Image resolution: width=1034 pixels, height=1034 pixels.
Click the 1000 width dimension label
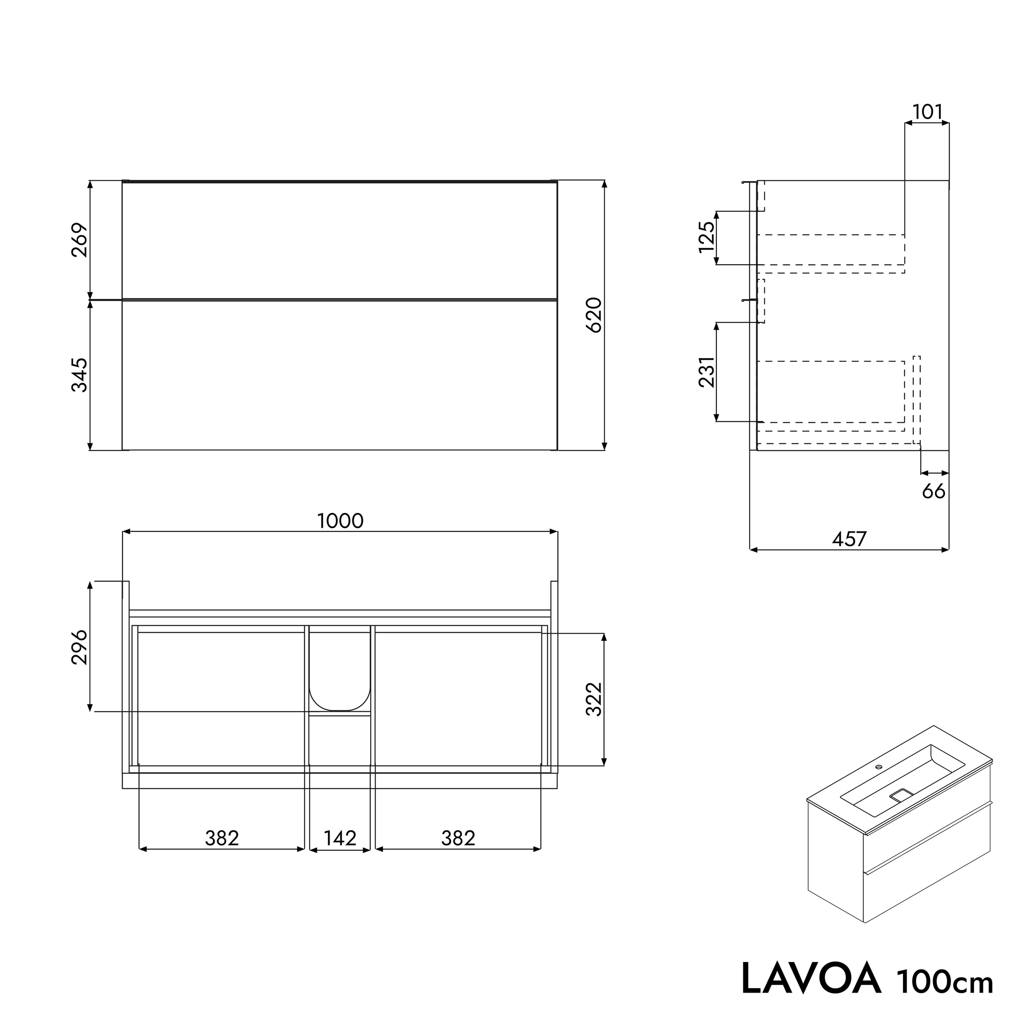click(x=340, y=521)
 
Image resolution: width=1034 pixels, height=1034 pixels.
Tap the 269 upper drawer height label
click(x=80, y=240)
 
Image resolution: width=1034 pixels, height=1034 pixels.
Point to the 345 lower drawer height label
click(x=80, y=375)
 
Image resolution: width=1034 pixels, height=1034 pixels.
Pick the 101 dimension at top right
click(x=927, y=112)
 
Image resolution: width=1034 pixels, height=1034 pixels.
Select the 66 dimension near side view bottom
click(x=933, y=491)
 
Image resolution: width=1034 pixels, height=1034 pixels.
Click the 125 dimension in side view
click(x=706, y=237)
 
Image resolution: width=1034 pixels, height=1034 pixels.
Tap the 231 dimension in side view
click(x=706, y=371)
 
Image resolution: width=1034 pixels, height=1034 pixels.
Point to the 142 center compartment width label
click(x=340, y=838)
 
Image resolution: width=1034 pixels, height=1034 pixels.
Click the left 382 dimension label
click(x=222, y=838)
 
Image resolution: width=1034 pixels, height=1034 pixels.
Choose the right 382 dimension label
click(x=458, y=838)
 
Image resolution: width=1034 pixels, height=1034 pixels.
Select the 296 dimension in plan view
click(x=80, y=646)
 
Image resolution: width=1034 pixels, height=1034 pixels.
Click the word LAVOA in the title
click(x=811, y=978)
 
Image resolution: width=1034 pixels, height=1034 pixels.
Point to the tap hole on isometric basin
click(x=878, y=766)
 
